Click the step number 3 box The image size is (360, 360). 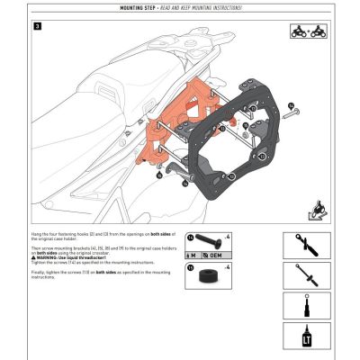[36, 27]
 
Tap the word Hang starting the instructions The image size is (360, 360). [38, 231]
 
